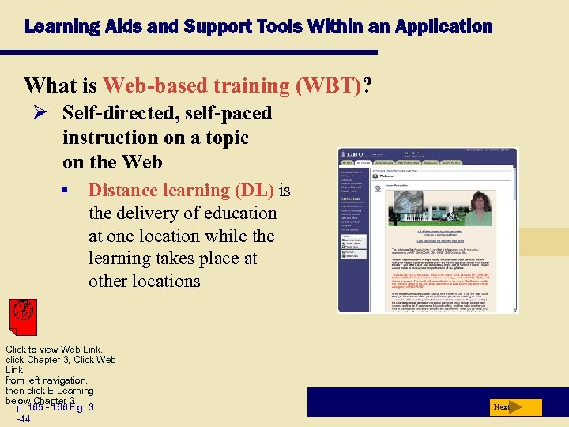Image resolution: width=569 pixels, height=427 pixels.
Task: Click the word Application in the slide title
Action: pyautogui.click(x=446, y=27)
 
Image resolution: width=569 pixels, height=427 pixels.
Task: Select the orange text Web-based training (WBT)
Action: pyautogui.click(x=232, y=85)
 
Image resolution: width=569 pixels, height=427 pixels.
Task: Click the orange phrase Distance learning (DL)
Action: pyautogui.click(x=181, y=191)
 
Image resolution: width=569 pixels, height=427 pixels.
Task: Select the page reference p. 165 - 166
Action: pyautogui.click(x=46, y=407)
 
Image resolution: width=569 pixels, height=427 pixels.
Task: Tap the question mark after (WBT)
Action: pyautogui.click(x=367, y=85)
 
